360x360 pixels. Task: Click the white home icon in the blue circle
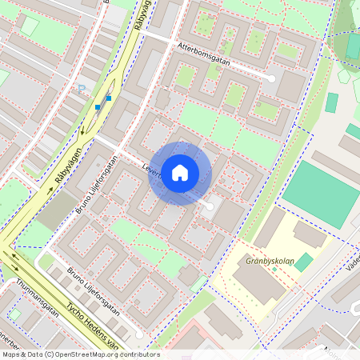point(180,173)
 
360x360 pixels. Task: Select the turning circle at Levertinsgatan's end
point(210,206)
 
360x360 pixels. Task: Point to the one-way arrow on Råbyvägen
point(83,130)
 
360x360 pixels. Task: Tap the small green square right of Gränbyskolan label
point(303,262)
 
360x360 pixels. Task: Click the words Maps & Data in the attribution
point(22,354)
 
